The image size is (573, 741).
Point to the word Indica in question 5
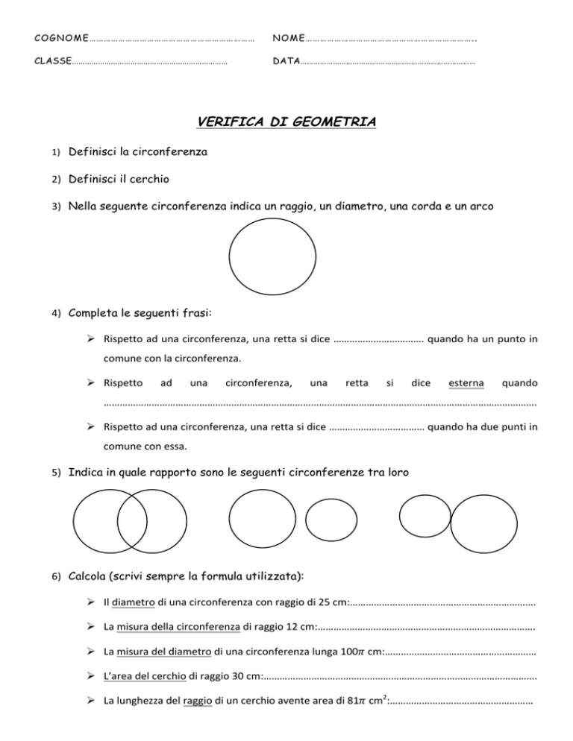pos(87,473)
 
